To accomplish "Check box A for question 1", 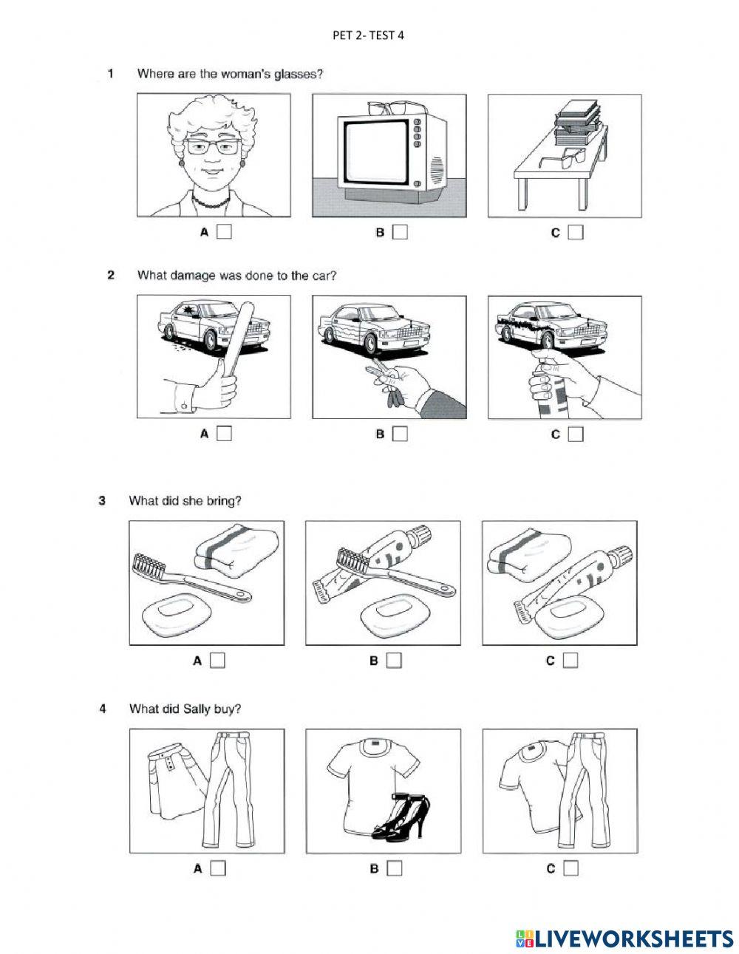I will click(x=224, y=233).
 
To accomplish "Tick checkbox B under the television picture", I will click(x=400, y=233).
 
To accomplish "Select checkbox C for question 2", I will click(x=576, y=434).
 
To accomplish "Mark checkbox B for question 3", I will click(x=394, y=661).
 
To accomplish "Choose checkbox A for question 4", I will click(x=217, y=868).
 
